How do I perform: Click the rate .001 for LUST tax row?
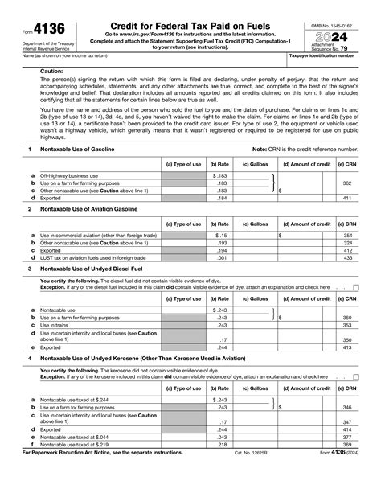(222, 257)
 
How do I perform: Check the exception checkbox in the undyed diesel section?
(355, 287)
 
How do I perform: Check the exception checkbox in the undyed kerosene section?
(355, 376)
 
